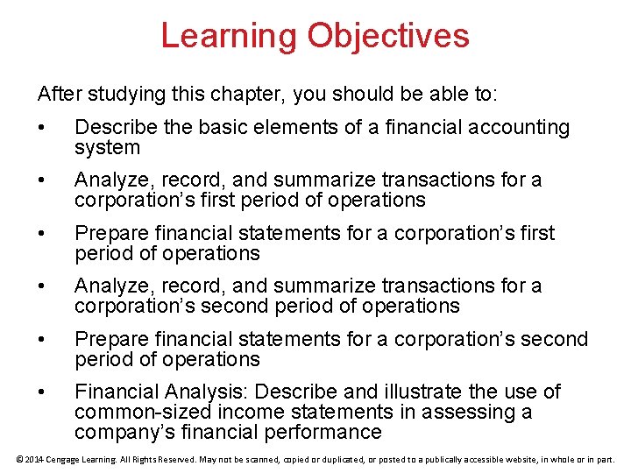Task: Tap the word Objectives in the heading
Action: [387, 36]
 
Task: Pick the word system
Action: [107, 147]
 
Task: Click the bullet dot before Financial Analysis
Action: [41, 392]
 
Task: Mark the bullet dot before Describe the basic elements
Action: [41, 128]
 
